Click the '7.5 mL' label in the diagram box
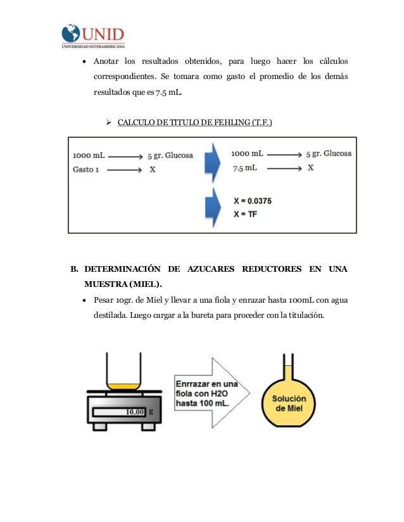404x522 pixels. tap(244, 168)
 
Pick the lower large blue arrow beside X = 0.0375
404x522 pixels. tap(212, 207)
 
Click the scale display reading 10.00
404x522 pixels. tap(136, 412)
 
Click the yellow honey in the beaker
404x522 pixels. tap(123, 385)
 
